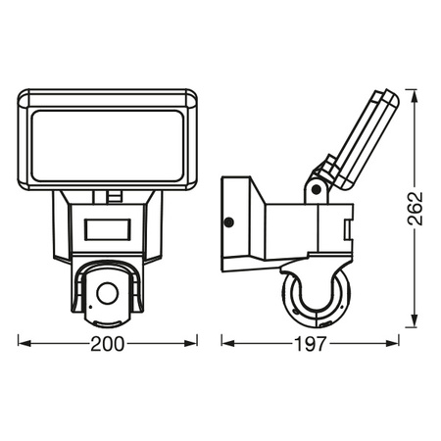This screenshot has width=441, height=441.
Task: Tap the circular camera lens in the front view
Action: tap(109, 291)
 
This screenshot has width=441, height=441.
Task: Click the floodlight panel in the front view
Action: tap(109, 136)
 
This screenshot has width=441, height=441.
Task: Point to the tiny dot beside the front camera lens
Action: tap(92, 307)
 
